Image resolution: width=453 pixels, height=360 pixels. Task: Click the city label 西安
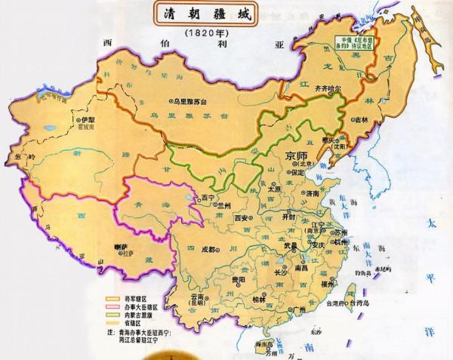pyautogui.click(x=242, y=217)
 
